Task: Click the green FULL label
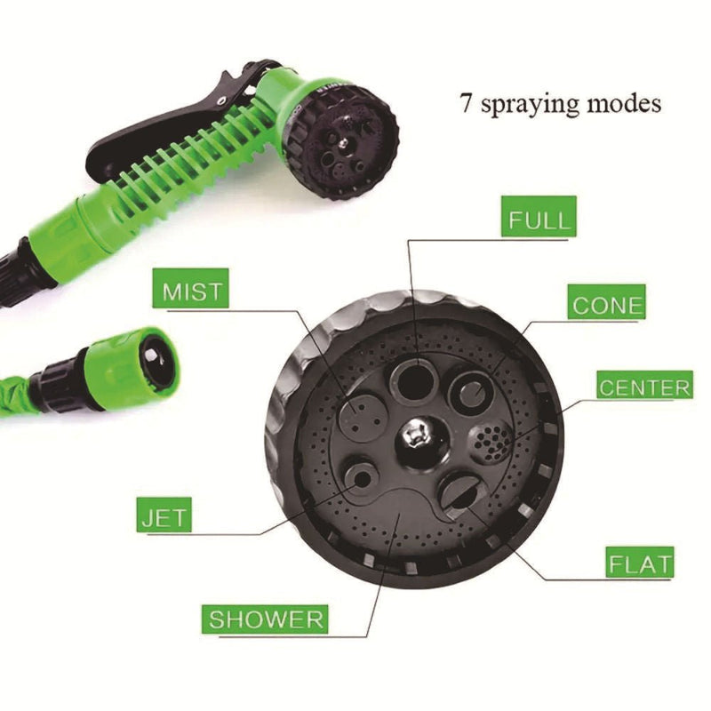point(538,217)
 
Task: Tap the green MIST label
point(190,290)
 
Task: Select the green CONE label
point(608,305)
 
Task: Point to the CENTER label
point(644,387)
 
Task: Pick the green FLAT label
point(640,563)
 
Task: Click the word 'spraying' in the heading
point(534,104)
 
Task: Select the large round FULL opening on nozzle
point(414,379)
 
